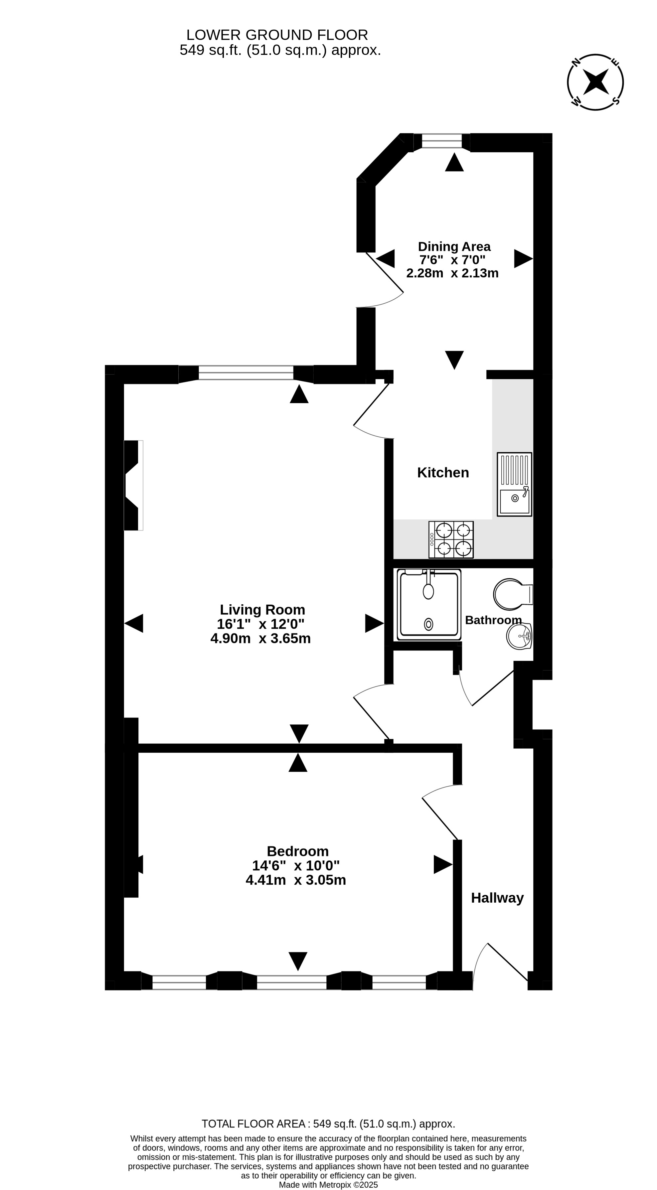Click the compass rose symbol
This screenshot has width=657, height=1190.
click(595, 82)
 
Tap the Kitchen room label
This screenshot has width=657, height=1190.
click(443, 473)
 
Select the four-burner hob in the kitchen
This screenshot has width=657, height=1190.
click(451, 539)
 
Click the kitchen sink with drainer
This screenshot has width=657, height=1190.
click(514, 484)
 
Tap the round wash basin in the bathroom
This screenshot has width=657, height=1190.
click(519, 636)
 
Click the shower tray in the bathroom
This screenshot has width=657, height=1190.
click(429, 605)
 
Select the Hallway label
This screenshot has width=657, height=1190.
click(497, 898)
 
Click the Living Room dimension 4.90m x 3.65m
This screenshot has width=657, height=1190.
click(260, 639)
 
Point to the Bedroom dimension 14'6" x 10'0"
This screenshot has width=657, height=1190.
click(296, 865)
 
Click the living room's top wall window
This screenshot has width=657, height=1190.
click(246, 372)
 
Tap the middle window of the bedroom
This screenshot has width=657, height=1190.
click(291, 982)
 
